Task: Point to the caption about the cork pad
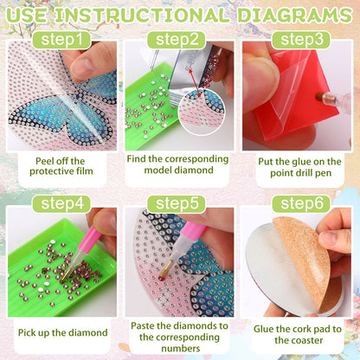click(297, 333)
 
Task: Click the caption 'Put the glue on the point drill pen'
click(297, 166)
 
